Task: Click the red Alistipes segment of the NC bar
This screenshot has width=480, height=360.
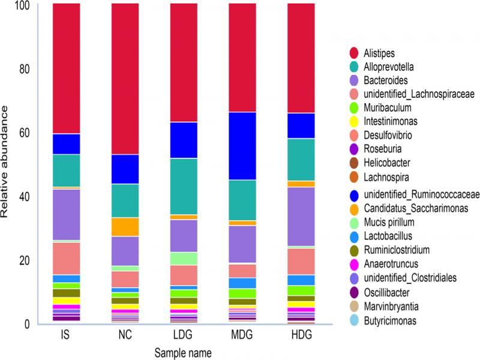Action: [125, 78]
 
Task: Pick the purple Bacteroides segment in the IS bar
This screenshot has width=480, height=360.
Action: [66, 214]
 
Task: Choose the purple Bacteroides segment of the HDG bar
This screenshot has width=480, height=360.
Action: [302, 217]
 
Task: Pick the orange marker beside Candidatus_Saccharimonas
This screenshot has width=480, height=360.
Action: [354, 208]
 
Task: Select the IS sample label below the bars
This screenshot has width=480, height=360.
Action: [66, 334]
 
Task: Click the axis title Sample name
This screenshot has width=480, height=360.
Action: [184, 352]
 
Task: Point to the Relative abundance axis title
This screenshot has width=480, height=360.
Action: [6, 162]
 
